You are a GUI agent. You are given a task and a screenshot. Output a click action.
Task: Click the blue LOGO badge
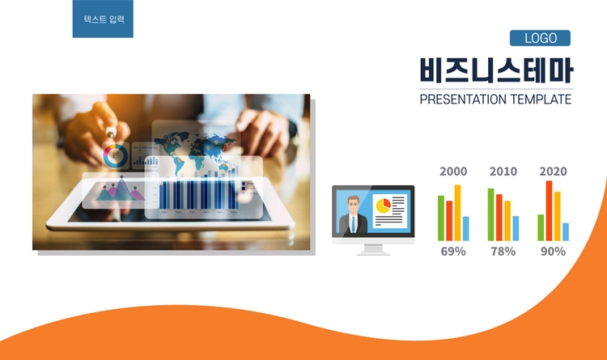click(x=540, y=38)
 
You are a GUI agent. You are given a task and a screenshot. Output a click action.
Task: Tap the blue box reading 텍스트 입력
click(x=103, y=19)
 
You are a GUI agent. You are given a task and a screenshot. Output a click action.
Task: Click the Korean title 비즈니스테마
click(x=496, y=70)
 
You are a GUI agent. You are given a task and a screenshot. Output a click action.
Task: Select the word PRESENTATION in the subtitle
click(x=463, y=100)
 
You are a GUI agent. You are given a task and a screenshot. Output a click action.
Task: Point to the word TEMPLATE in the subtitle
click(x=541, y=100)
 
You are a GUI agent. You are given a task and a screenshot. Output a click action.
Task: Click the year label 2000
click(x=453, y=172)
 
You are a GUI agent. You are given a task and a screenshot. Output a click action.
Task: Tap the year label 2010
click(x=503, y=172)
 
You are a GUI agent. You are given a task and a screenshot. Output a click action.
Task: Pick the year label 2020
click(x=554, y=172)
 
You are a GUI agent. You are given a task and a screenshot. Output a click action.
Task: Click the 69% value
click(x=453, y=252)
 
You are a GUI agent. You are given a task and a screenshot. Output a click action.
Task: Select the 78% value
click(x=503, y=252)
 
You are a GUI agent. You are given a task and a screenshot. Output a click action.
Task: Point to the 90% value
click(x=554, y=252)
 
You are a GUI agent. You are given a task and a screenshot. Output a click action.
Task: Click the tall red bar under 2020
click(x=549, y=211)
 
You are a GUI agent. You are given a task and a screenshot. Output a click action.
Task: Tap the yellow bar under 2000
click(x=457, y=213)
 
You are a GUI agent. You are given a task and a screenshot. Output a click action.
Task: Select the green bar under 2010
click(x=491, y=214)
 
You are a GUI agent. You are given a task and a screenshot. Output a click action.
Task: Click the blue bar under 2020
click(x=566, y=232)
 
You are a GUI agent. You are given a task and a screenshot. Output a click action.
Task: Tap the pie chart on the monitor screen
click(x=384, y=205)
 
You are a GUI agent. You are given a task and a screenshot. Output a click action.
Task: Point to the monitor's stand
click(x=373, y=250)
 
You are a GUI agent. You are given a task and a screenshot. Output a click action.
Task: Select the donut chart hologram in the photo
click(x=116, y=155)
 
